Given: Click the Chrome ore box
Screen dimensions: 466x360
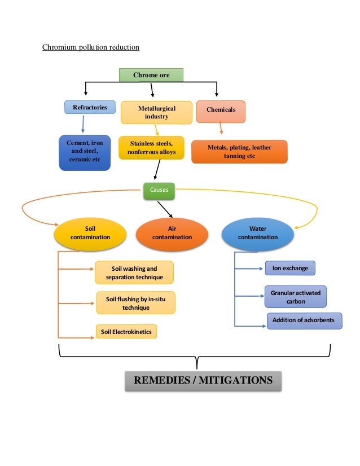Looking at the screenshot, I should (151, 75).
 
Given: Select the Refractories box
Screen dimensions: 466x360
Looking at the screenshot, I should (90, 107).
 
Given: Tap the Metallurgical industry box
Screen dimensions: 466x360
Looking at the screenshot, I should (156, 112).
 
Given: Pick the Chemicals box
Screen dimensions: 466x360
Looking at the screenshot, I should (221, 111).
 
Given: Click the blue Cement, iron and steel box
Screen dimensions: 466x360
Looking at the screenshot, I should (85, 152).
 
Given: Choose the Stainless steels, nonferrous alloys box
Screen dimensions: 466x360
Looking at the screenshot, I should (151, 148).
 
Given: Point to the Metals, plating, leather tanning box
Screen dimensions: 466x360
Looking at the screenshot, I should (239, 152).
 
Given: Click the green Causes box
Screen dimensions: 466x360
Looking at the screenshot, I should (159, 191).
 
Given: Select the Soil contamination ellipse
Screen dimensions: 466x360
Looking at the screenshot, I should (90, 233).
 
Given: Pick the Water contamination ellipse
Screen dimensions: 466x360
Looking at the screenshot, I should (257, 233).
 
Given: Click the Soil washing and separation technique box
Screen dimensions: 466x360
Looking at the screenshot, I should (134, 272).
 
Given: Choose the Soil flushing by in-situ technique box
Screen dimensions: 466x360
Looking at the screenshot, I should (135, 303).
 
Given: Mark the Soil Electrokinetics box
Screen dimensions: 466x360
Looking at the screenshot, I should (126, 332).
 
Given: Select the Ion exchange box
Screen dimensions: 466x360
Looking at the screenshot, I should (290, 268).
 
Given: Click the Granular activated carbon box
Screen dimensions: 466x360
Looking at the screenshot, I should (296, 297).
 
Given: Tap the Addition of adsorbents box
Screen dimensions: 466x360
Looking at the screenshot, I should (303, 320).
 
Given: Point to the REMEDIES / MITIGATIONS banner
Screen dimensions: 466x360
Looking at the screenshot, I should (203, 380).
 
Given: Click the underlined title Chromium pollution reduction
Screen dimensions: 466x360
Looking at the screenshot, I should (91, 47).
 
